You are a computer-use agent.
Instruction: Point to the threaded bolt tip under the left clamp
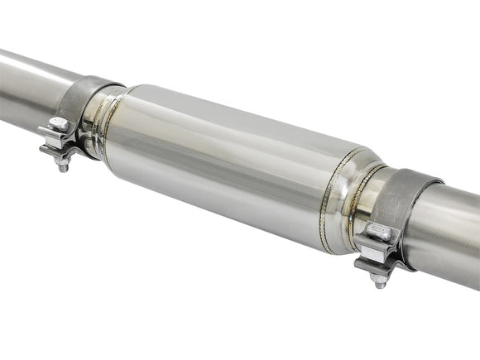point(62,167)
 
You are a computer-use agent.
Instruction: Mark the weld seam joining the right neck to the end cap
point(362,199)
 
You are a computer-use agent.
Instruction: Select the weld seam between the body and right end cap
point(335,199)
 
